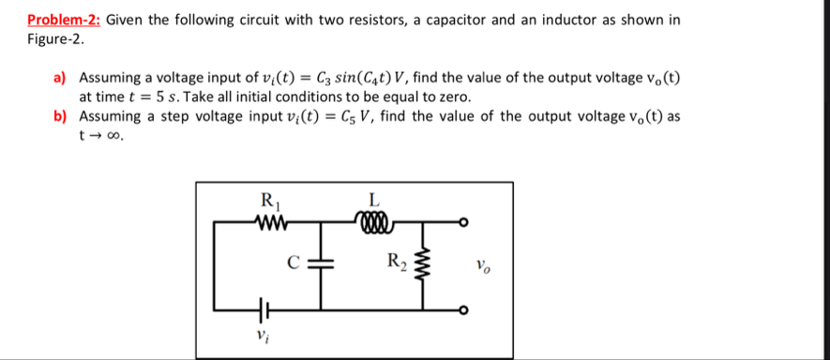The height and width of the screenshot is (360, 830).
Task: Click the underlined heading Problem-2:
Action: click(x=65, y=19)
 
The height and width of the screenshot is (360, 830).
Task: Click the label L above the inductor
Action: click(x=374, y=199)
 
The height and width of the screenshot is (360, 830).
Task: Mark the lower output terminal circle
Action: click(x=462, y=309)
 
